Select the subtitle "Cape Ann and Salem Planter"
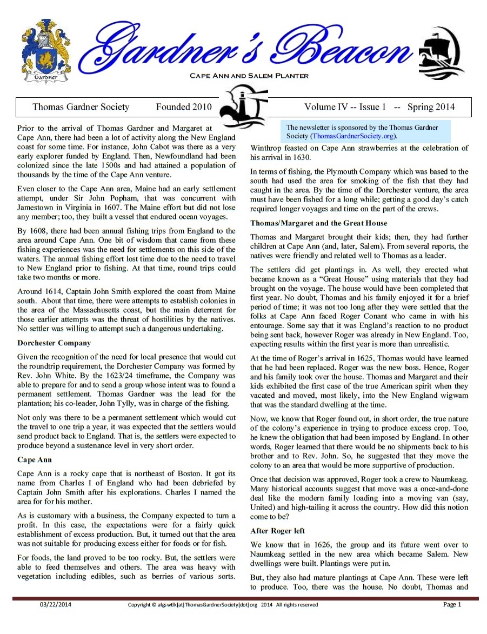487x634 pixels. point(249,76)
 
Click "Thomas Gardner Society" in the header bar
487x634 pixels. point(81,107)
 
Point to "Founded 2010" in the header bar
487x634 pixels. point(184,107)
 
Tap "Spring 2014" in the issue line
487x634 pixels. point(431,107)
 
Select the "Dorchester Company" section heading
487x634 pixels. point(54,343)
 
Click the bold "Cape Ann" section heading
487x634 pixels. point(35,459)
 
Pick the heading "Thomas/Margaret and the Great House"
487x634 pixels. point(319,223)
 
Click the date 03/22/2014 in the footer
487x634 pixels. point(54,604)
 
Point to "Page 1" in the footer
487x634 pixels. point(452,604)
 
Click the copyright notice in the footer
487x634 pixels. point(223,605)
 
